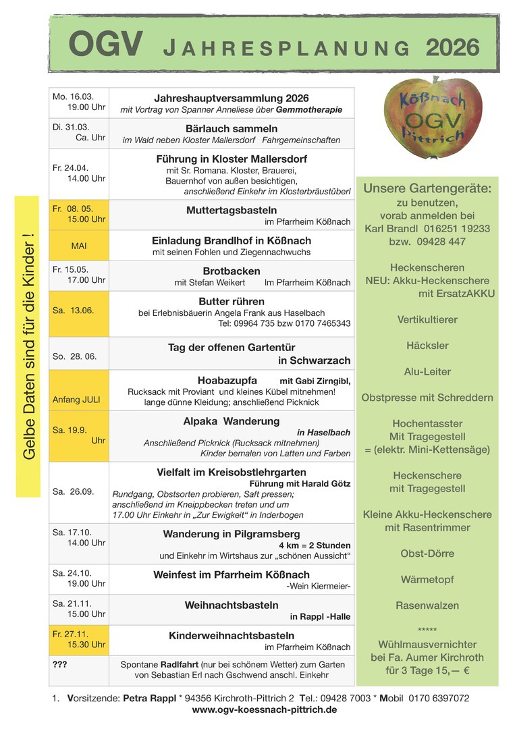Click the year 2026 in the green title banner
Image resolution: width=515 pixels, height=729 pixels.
coord(452,47)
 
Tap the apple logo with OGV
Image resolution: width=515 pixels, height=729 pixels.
coord(424,116)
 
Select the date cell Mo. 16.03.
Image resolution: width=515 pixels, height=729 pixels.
coord(79,103)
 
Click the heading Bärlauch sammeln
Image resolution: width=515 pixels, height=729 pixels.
coord(232,128)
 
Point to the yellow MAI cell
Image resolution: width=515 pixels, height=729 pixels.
coord(79,246)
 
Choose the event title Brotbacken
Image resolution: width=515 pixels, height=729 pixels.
coord(232,271)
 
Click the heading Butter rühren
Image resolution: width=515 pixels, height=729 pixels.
coord(232,301)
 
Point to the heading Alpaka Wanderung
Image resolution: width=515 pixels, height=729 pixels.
coord(232,421)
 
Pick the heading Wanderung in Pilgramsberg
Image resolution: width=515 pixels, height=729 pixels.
coord(232,534)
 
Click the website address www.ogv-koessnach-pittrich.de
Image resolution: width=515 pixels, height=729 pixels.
coord(265,709)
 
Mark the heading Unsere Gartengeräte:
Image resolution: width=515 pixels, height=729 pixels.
coord(427,188)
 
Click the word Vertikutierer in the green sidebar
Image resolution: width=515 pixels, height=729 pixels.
coord(427,319)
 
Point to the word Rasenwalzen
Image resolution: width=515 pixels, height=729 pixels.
coord(427,605)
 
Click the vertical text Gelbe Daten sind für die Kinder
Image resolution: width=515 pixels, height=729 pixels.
coord(28,347)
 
